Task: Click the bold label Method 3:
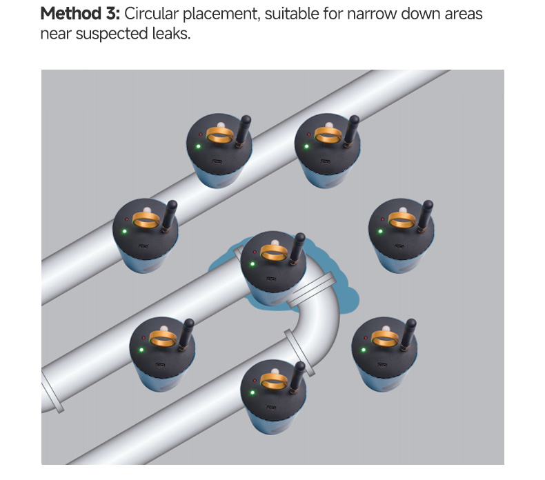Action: [x=81, y=13]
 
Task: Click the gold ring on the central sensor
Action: [x=275, y=252]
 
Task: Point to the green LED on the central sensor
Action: [x=253, y=264]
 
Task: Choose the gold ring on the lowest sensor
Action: [x=274, y=380]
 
